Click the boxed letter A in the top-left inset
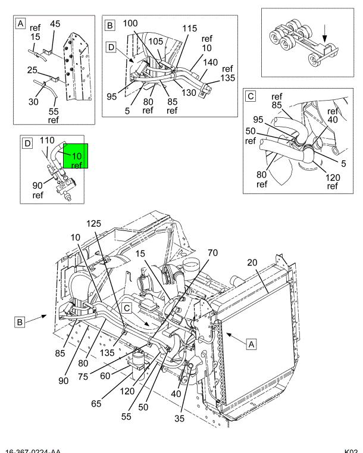pos(20,23)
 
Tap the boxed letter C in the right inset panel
pos(251,96)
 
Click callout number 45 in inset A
pos(55,24)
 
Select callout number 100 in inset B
pos(130,23)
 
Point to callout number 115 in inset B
pos(189,29)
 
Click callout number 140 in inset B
pos(210,63)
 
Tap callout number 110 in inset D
pos(47,140)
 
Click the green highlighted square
pos(76,156)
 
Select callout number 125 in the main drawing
pos(94,224)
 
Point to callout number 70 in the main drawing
pos(212,253)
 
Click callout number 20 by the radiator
pos(252,263)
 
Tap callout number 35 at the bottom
pos(179,418)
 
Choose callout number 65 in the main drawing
pos(96,404)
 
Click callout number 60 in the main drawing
pos(105,376)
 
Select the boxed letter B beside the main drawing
pos(20,322)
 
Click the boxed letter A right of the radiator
pos(252,345)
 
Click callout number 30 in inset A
pos(33,101)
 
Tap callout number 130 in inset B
pos(189,92)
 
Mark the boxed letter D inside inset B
pos(111,47)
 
